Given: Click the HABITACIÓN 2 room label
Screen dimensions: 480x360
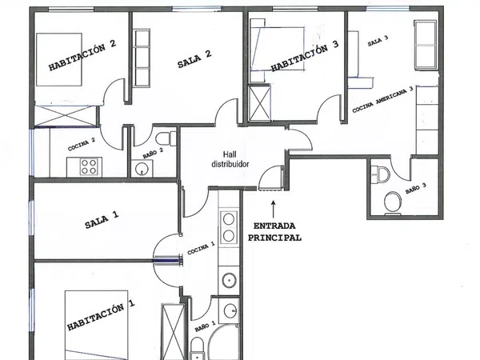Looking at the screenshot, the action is [82, 56].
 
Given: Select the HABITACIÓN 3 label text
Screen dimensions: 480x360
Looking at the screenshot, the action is [305, 57].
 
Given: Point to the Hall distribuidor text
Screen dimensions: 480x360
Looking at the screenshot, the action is [230, 159].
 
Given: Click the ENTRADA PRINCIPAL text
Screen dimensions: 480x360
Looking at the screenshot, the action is [274, 232].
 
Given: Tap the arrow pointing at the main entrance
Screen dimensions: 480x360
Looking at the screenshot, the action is [274, 210].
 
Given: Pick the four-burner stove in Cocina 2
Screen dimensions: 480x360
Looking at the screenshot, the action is [89, 167].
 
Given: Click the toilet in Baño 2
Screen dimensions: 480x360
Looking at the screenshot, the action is [166, 138].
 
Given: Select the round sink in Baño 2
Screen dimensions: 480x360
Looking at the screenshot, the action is [142, 168].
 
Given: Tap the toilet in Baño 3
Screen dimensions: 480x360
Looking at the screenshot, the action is [393, 202].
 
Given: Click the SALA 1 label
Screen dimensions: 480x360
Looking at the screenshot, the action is [102, 220].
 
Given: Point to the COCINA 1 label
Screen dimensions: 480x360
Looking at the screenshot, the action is [201, 248].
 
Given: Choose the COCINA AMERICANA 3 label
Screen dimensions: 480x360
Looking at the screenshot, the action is [382, 99].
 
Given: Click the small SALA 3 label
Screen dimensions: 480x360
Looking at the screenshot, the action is [378, 41].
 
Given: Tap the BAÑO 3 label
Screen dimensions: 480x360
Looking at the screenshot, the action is [416, 188].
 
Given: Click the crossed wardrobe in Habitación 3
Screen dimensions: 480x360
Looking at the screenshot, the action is [259, 102].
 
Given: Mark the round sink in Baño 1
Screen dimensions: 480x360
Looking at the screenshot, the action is [230, 311].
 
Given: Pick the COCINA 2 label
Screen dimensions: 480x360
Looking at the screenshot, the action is [82, 144].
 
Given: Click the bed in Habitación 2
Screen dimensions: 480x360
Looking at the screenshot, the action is [59, 59].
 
